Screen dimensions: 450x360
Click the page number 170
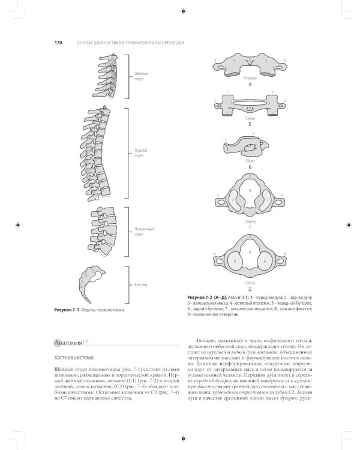point(58,43)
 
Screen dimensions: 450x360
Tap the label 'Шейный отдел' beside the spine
point(139,76)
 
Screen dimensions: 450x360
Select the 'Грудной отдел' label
point(139,152)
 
